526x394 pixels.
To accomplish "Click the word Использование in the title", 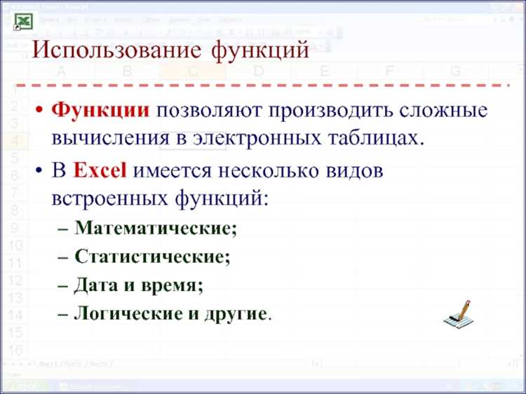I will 116,50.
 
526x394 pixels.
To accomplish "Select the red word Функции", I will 101,111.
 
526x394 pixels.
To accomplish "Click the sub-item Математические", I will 156,228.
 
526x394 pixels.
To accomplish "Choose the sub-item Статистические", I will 152,257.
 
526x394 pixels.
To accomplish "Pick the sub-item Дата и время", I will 139,285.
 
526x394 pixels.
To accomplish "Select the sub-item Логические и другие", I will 172,313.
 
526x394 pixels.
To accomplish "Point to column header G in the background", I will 455,72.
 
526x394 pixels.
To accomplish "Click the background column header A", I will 61,72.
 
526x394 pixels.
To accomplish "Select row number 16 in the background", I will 15,349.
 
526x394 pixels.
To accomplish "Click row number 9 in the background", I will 15,229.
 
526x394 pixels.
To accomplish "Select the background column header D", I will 258,72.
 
